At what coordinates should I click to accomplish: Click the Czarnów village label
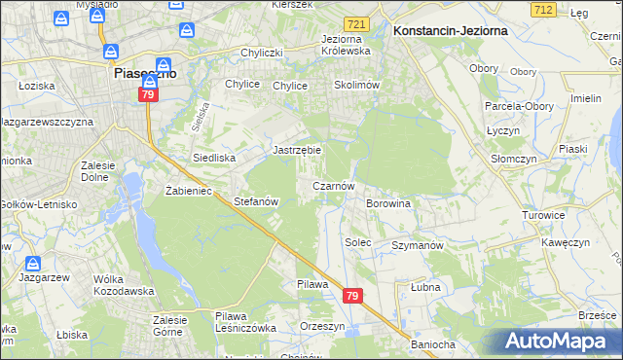339,185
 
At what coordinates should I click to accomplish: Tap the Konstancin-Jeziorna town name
440,31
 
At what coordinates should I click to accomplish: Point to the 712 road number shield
543,9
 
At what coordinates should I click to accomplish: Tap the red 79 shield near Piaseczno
147,95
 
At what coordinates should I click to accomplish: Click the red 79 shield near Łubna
352,296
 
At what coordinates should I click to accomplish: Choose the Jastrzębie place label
297,151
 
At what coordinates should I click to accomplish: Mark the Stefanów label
257,201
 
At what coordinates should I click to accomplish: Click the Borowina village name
387,203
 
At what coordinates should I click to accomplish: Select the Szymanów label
417,245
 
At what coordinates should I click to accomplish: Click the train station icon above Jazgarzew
33,264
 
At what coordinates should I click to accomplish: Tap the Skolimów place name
355,85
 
